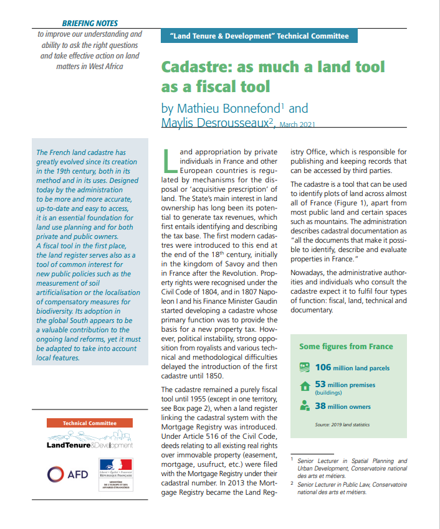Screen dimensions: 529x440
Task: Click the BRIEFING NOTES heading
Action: tap(90, 23)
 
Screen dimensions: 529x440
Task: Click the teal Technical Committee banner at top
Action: tap(259, 36)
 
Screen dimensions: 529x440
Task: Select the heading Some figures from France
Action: tap(346, 347)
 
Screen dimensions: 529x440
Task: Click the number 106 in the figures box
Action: tap(323, 367)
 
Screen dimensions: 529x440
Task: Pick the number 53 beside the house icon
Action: tap(320, 385)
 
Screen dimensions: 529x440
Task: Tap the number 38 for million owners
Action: tap(320, 406)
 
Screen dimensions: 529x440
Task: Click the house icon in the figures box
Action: tap(305, 386)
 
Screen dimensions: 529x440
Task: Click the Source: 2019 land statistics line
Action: tap(342, 425)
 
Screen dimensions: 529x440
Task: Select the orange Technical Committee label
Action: tap(90, 423)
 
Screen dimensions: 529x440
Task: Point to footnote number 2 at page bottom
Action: tap(292, 483)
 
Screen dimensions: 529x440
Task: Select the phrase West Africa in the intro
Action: tap(102, 66)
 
